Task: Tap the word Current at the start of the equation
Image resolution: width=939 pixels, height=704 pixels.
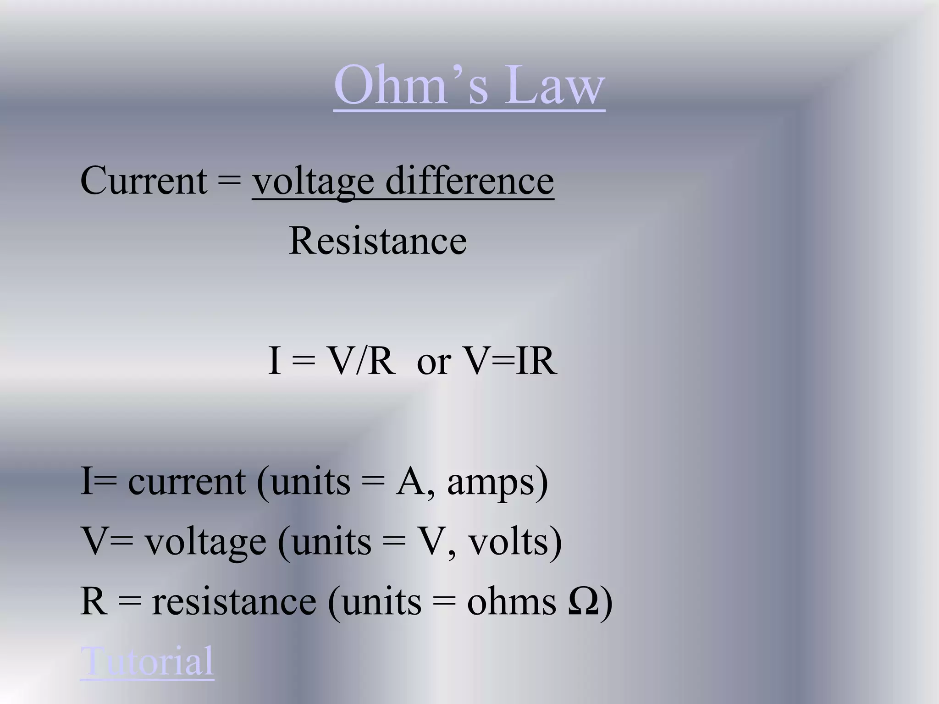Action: (x=144, y=181)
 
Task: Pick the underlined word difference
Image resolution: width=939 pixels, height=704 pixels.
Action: (x=469, y=181)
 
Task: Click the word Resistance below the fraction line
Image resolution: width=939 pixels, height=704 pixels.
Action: (x=378, y=241)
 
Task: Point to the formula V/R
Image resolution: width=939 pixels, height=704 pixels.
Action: (x=362, y=361)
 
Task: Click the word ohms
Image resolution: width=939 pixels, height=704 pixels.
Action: (x=512, y=601)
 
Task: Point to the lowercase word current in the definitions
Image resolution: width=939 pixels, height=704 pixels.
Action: (x=186, y=482)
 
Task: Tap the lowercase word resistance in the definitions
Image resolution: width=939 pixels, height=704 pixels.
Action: (x=234, y=601)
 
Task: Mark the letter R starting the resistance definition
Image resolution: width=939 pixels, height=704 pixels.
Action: (x=94, y=601)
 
